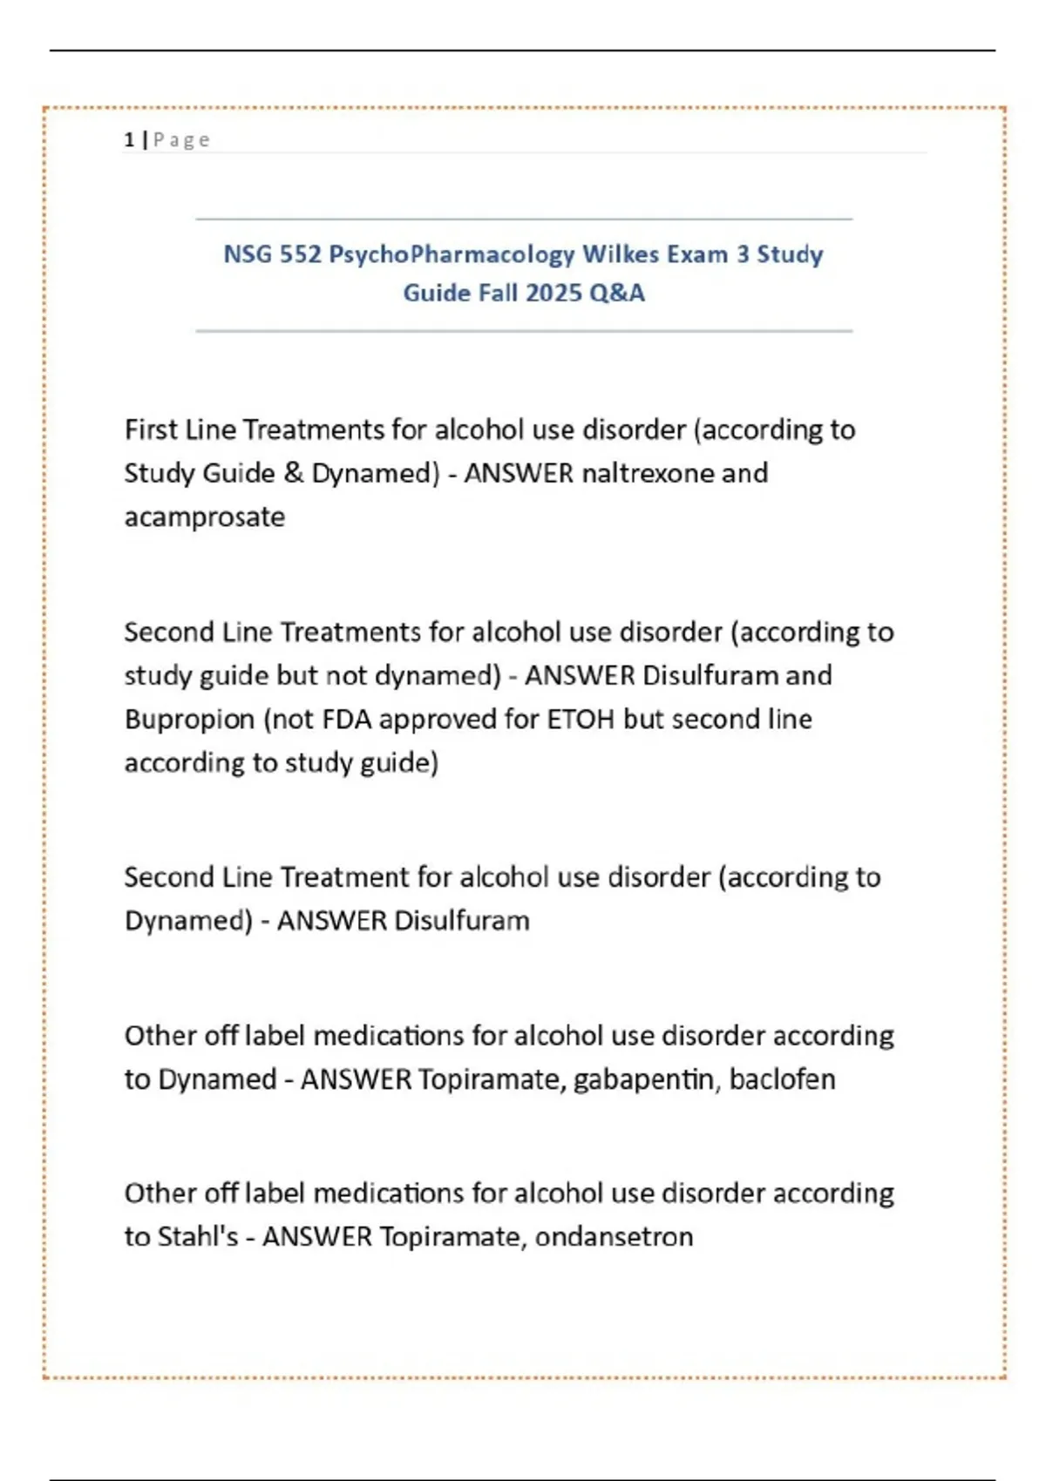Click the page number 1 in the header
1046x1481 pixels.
click(129, 139)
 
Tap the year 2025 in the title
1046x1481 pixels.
click(554, 293)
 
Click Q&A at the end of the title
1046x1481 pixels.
click(617, 293)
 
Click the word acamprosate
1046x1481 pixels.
click(205, 517)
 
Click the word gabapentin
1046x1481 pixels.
click(646, 1079)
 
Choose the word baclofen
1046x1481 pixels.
click(782, 1079)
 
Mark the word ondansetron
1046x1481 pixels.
click(614, 1236)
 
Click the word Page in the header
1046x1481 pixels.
click(181, 139)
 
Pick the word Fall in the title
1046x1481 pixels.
click(498, 293)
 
